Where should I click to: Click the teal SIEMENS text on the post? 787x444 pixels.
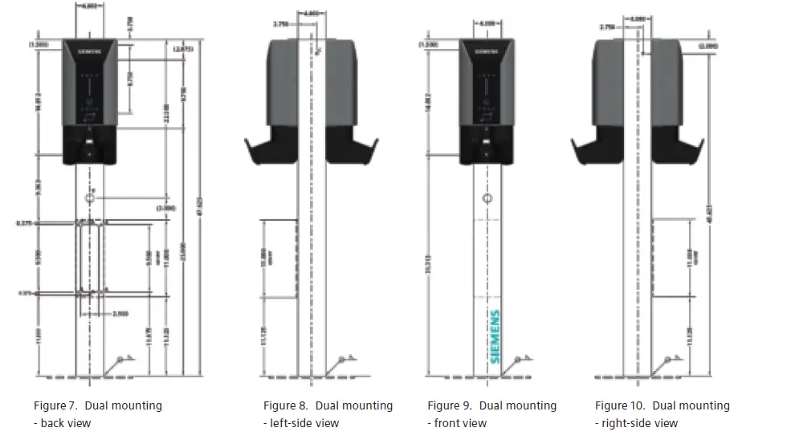tap(495, 336)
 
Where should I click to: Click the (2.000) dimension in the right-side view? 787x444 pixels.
tap(708, 47)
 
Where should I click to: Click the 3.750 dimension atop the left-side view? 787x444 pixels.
tap(280, 25)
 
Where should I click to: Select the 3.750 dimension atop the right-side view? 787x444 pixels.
tap(608, 27)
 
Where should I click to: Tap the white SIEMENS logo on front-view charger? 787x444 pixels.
tap(484, 50)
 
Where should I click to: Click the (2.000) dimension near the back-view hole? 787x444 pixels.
tap(165, 207)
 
